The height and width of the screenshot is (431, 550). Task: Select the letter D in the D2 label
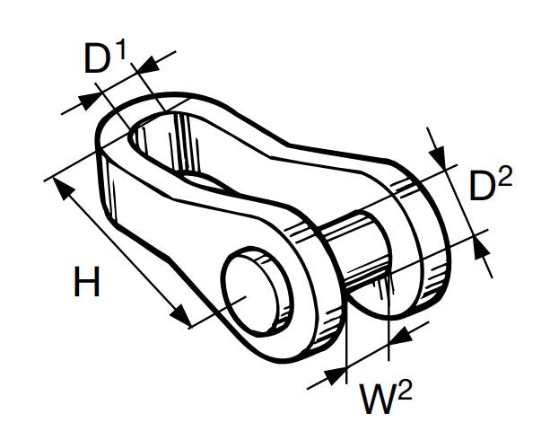point(484,189)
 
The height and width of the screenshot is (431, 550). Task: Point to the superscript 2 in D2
point(504,176)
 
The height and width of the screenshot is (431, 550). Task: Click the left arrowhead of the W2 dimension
point(336,374)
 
